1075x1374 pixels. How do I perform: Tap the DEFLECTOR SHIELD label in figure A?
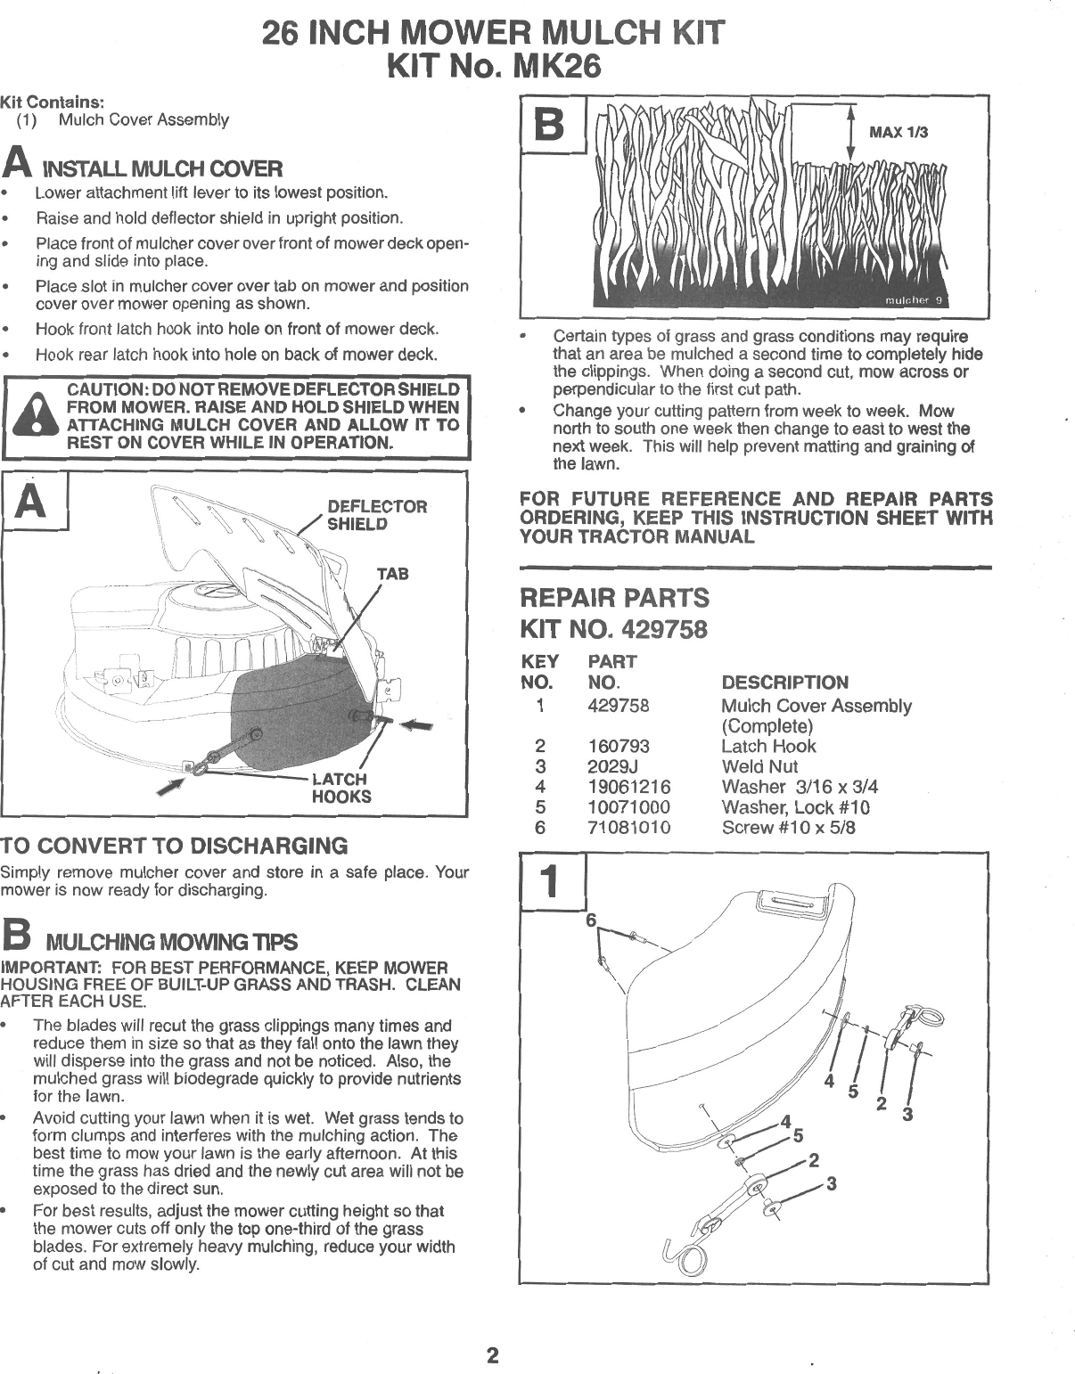click(x=377, y=514)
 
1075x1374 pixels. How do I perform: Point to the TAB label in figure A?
click(x=393, y=575)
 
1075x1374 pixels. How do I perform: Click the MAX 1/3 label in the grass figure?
click(x=899, y=133)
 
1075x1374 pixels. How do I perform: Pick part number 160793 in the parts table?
click(x=619, y=747)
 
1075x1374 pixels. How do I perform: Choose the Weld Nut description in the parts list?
click(x=759, y=766)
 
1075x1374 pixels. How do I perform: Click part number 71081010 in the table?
click(x=629, y=828)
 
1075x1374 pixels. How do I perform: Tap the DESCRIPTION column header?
click(x=784, y=683)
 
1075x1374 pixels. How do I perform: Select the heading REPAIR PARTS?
click(x=614, y=597)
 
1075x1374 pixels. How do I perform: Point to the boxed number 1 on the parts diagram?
click(x=551, y=882)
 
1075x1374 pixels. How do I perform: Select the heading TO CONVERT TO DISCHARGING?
click(x=174, y=846)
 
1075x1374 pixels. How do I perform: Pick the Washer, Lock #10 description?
click(x=795, y=807)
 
